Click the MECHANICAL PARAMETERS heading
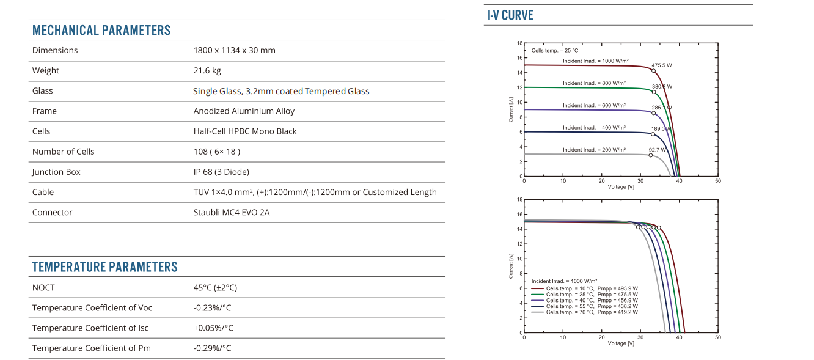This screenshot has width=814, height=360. coord(101,31)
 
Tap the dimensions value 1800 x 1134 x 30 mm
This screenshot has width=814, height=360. coord(234,50)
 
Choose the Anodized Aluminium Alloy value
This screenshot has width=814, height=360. coord(244,111)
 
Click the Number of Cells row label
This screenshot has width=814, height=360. coord(64,152)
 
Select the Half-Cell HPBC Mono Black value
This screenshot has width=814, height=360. coord(245,131)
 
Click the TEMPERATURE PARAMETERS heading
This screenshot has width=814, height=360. coord(105,267)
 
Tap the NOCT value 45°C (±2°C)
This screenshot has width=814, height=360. coord(215,287)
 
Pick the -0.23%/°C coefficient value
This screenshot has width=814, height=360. coord(212,307)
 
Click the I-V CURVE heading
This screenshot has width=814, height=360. coord(510,15)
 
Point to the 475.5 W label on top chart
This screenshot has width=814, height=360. coord(661,65)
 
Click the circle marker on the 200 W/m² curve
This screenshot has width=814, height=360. coord(651,155)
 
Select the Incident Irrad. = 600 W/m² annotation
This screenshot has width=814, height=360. coord(594,105)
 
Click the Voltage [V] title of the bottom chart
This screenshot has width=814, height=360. coord(621,343)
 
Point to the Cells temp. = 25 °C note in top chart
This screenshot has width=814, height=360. coord(554,51)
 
